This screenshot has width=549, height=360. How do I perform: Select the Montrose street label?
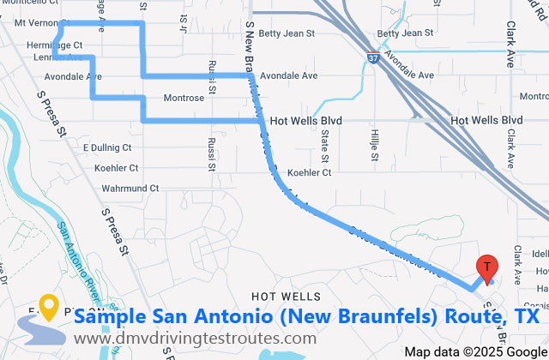[184, 98]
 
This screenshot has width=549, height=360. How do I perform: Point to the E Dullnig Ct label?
[107, 147]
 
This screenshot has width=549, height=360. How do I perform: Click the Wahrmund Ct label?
[130, 188]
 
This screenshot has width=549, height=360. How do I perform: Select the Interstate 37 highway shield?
[372, 58]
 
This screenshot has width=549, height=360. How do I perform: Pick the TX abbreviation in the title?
[525, 317]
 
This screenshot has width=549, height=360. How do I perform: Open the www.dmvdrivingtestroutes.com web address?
[195, 339]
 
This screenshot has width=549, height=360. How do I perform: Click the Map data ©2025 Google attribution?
[475, 351]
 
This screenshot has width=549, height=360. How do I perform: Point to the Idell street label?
[540, 255]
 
